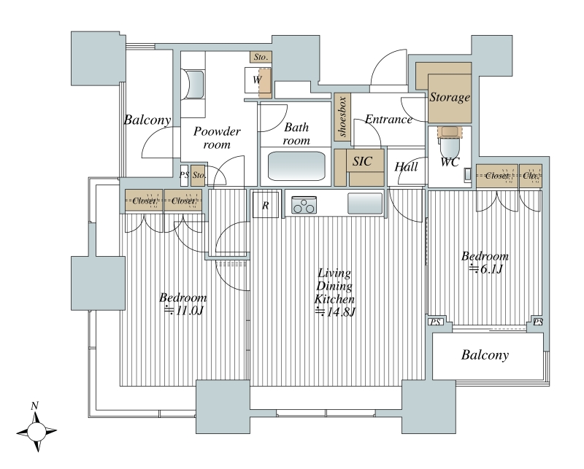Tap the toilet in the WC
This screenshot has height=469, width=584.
450,139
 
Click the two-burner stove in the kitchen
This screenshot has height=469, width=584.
303,207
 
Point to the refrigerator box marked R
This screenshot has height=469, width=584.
265,206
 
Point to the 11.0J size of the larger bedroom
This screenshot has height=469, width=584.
183,311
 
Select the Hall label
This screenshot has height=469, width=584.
406,167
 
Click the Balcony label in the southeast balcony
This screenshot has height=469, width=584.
484,355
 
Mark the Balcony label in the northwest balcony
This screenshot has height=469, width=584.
147,120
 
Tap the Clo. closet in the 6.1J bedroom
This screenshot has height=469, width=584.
531,176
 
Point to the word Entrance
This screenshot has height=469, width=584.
388,120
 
